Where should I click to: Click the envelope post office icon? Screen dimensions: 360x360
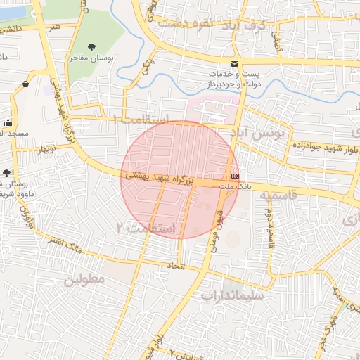234,64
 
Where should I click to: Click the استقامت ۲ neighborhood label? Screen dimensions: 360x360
146,226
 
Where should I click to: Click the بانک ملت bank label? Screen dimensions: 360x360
234,186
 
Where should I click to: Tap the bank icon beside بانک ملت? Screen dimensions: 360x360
234,175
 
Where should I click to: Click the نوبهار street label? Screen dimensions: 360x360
39,148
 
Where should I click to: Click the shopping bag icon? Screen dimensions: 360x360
25,84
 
